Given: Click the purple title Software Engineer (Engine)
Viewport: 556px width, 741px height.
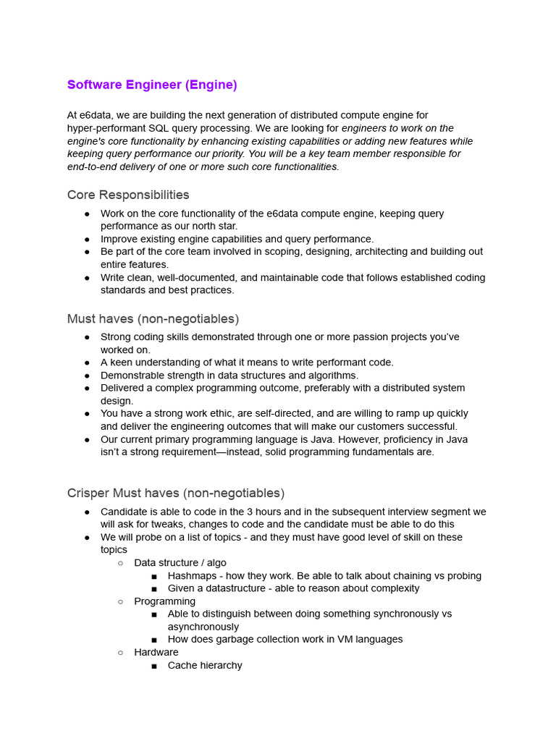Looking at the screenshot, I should pyautogui.click(x=152, y=85).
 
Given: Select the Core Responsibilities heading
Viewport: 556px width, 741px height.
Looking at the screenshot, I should pyautogui.click(x=128, y=195).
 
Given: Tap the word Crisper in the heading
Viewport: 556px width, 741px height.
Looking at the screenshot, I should pyautogui.click(x=88, y=493).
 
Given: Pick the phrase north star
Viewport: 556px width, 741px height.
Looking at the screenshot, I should pyautogui.click(x=216, y=226).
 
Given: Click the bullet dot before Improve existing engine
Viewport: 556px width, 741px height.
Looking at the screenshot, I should pyautogui.click(x=87, y=240).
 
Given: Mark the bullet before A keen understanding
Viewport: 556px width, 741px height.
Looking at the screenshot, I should pyautogui.click(x=87, y=363).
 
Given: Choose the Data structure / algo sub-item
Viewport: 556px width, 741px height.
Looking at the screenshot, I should pyautogui.click(x=180, y=562).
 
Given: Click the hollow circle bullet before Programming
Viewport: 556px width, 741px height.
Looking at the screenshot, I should pyautogui.click(x=121, y=601).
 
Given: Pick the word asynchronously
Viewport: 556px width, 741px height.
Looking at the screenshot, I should pyautogui.click(x=203, y=627).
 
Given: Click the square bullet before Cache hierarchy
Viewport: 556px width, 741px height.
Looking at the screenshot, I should pyautogui.click(x=154, y=666).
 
